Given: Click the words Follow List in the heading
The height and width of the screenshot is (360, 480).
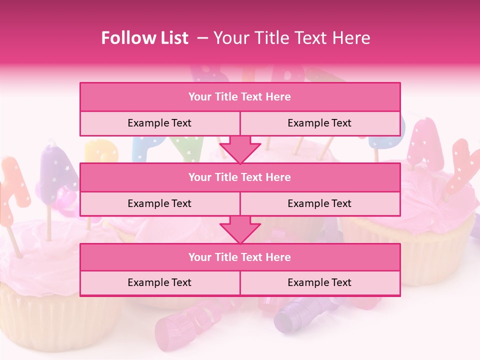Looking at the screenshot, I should pyautogui.click(x=145, y=38).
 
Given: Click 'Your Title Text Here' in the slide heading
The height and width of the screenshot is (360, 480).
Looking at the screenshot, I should pyautogui.click(x=292, y=38).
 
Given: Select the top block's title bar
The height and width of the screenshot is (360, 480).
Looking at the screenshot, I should pyautogui.click(x=240, y=97).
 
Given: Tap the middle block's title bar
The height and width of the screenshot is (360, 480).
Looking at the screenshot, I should pyautogui.click(x=240, y=177).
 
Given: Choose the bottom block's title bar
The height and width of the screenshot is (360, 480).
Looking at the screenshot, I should pyautogui.click(x=240, y=257).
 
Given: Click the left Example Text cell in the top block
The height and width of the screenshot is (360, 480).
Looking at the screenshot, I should pyautogui.click(x=159, y=123).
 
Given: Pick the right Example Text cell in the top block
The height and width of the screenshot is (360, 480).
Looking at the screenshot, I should pyautogui.click(x=319, y=123).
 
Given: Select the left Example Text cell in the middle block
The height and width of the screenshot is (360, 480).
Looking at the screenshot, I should pyautogui.click(x=159, y=203).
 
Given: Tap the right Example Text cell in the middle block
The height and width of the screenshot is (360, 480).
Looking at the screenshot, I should pyautogui.click(x=319, y=203).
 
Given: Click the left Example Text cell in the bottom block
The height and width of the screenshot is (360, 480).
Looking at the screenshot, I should pyautogui.click(x=159, y=282).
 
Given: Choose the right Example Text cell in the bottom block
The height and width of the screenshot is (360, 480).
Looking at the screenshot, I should pyautogui.click(x=319, y=282).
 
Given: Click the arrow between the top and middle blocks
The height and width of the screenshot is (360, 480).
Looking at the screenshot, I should pyautogui.click(x=240, y=149).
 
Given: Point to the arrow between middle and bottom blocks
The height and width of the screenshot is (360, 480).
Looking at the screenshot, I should pyautogui.click(x=240, y=229).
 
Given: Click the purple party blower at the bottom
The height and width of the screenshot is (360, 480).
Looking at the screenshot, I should pyautogui.click(x=295, y=312).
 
